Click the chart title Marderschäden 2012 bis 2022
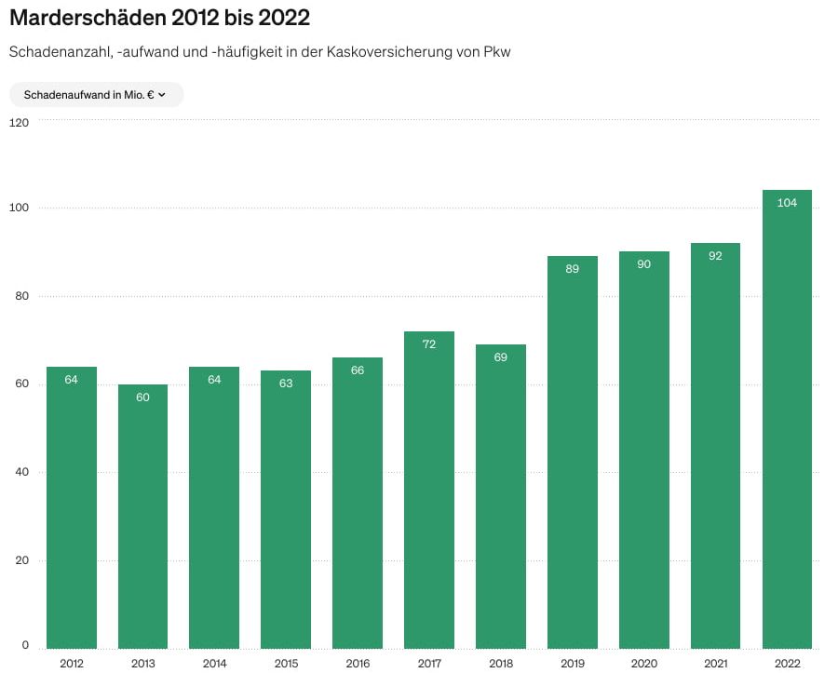(159, 18)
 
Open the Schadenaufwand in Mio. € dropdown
(95, 95)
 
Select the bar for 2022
(787, 419)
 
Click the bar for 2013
(142, 517)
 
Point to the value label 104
(787, 203)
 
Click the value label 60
(142, 397)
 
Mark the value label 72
(429, 344)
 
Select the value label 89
(572, 269)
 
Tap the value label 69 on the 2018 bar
(501, 357)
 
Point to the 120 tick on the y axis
(20, 122)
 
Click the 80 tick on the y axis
(20, 296)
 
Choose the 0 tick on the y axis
(25, 645)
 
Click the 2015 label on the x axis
(286, 664)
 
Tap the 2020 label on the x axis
(644, 664)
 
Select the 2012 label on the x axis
(72, 664)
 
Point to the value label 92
(715, 256)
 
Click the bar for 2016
(358, 503)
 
